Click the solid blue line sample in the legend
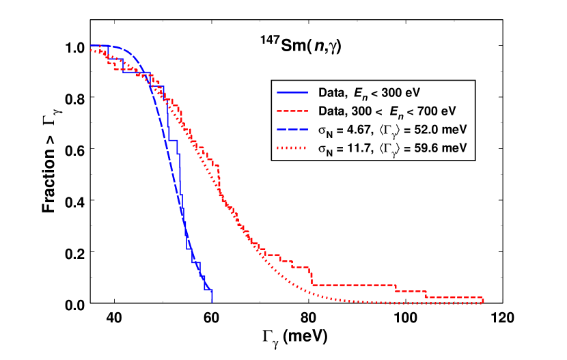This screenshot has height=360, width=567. pyautogui.click(x=292, y=92)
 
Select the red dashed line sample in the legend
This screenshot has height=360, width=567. pyautogui.click(x=292, y=111)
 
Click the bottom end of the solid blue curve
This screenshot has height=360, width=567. pyautogui.click(x=212, y=301)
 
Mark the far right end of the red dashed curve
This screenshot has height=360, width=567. pyautogui.click(x=484, y=301)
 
